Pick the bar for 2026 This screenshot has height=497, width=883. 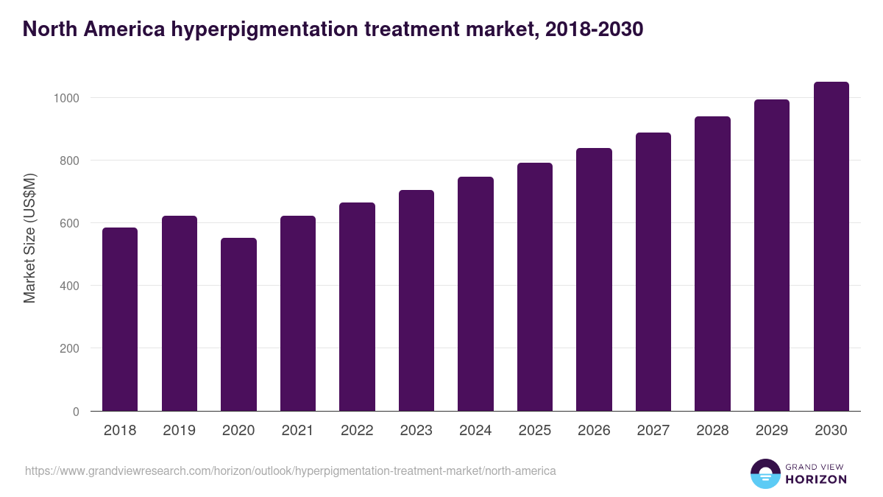(594, 279)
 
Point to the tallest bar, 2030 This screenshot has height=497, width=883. (831, 246)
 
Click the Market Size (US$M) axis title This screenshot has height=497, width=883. (29, 237)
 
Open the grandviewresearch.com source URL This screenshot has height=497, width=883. (291, 470)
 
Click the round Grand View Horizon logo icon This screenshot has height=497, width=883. (765, 473)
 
